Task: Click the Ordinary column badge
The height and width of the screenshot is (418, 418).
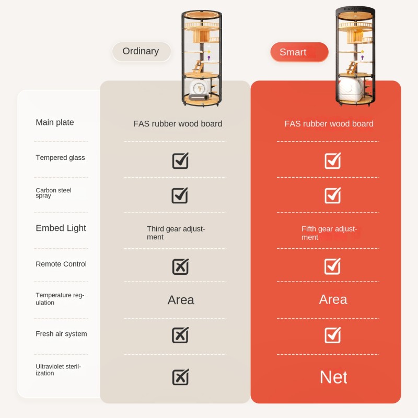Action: [x=141, y=51]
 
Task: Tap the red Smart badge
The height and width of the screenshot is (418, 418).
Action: [x=299, y=52]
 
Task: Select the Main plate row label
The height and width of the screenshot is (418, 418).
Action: [x=55, y=122]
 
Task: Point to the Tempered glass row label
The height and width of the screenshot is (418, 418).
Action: [x=60, y=158]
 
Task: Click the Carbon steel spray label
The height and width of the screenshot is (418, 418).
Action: [x=53, y=193]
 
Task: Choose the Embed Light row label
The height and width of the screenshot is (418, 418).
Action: [x=61, y=228]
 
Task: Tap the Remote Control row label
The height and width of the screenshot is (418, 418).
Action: [x=61, y=264]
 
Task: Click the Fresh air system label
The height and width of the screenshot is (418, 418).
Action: [x=61, y=334]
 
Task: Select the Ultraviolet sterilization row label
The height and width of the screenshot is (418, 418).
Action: [x=58, y=370]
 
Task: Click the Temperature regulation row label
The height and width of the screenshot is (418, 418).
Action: [x=60, y=299]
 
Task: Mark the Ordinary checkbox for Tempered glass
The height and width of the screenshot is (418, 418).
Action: [x=180, y=161]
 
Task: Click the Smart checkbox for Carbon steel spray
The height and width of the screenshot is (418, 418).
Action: [x=333, y=195]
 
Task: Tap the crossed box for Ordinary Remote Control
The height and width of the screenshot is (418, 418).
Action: [x=180, y=266]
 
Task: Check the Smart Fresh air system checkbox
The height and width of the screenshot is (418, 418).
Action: [x=333, y=335]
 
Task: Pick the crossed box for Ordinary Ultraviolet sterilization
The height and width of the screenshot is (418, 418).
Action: [x=180, y=377]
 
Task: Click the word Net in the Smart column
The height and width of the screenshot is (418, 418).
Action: [x=333, y=377]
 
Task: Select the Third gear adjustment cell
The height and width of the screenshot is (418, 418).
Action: [x=176, y=233]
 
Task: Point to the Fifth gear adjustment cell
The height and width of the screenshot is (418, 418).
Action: [x=329, y=233]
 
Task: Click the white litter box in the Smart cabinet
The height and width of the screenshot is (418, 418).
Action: [x=351, y=89]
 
